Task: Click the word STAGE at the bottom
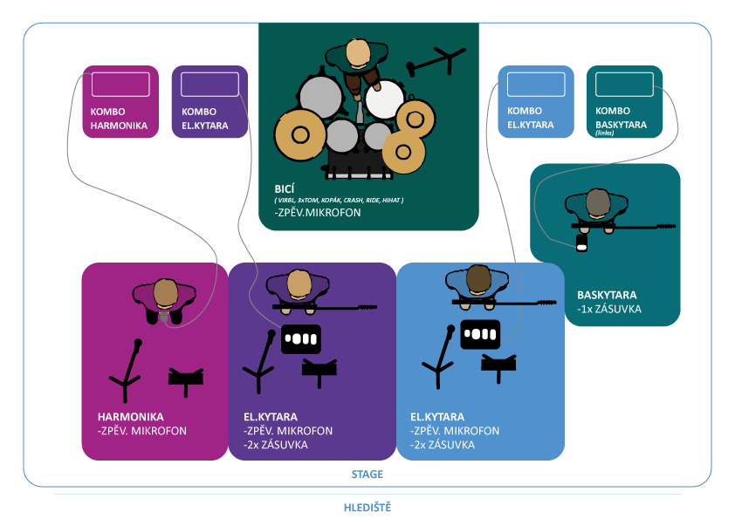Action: coord(367,475)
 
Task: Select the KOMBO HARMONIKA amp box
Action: coord(120,102)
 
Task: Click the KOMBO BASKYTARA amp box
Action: coord(625,102)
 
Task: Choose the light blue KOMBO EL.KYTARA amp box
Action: coord(536,102)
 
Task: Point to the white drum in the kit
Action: coord(383,99)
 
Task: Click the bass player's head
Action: coord(597,203)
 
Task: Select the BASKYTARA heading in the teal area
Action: coord(605,295)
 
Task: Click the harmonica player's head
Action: coord(166,292)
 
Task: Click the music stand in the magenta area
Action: coord(186,376)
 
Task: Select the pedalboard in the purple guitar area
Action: coord(301,338)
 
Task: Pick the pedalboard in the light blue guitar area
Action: coord(479,333)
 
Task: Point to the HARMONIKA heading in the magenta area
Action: coord(131,417)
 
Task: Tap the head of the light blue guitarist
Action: coord(478,279)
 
